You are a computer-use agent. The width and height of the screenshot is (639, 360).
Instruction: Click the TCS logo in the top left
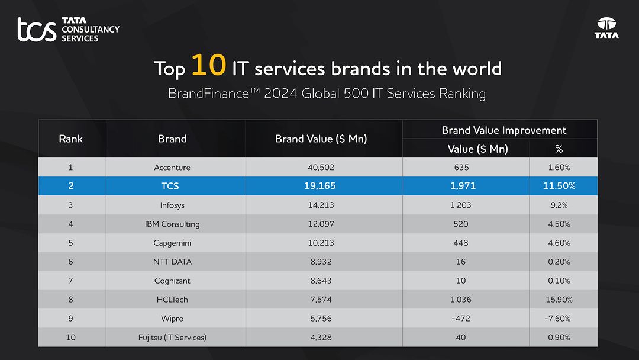click(67, 30)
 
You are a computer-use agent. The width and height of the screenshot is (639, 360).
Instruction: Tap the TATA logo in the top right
click(606, 28)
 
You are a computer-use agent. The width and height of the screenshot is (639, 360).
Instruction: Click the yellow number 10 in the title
click(208, 66)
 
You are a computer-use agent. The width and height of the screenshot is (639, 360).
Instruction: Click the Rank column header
click(71, 139)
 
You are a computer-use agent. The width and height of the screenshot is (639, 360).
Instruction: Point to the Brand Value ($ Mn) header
click(321, 139)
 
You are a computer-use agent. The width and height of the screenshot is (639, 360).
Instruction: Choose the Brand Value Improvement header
click(504, 130)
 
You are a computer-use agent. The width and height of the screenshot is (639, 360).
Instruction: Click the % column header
click(559, 149)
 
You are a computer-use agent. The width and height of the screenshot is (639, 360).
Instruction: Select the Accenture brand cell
click(172, 168)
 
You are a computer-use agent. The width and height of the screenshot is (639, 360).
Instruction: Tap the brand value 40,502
click(321, 168)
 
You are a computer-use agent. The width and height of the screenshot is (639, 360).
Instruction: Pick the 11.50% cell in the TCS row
click(559, 186)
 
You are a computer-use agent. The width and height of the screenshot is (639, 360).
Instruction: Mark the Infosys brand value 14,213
click(321, 205)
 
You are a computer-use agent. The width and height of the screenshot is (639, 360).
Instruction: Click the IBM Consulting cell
click(172, 224)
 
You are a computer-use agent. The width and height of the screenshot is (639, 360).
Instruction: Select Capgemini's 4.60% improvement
click(559, 243)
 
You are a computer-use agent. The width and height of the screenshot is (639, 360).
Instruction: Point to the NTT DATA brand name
click(172, 262)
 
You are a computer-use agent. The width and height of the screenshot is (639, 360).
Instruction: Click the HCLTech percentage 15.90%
click(559, 300)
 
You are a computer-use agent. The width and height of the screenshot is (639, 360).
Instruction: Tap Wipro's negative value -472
click(460, 319)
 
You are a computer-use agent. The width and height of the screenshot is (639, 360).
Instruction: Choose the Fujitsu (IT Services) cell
click(172, 337)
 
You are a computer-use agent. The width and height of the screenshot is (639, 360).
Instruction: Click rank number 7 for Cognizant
click(71, 281)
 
